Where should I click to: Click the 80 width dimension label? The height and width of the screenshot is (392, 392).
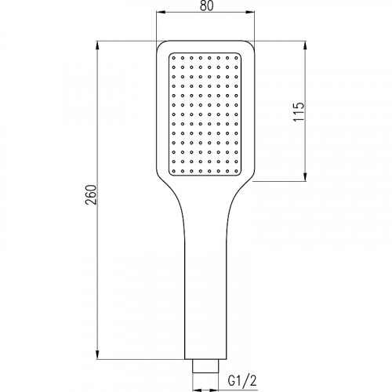coord(207,5)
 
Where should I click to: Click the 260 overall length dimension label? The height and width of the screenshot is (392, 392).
coord(92,195)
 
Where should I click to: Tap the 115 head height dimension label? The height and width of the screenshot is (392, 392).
coord(299,112)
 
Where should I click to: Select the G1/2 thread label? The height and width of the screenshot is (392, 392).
coord(242,381)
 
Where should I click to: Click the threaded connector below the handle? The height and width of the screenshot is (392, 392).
coord(205,366)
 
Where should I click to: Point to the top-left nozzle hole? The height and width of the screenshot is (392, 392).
coord(174,58)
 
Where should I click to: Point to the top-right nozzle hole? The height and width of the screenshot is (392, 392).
coord(236,58)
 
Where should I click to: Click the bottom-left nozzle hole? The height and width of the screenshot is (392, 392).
coord(174,171)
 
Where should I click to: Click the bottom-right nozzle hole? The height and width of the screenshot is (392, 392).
coord(236,171)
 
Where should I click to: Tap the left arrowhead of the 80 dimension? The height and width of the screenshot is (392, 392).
coord(160,12)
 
